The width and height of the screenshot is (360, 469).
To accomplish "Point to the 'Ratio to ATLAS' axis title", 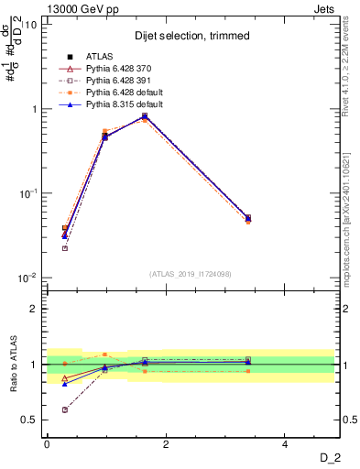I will click(x=12, y=365).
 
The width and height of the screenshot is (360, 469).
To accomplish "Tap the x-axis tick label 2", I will click(x=166, y=444).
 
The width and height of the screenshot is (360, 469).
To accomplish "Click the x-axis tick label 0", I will click(x=47, y=444).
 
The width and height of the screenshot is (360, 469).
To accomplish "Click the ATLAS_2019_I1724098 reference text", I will click(x=190, y=274).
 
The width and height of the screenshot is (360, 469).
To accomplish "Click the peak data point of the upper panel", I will click(x=145, y=116).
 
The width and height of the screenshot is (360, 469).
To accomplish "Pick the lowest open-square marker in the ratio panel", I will click(x=64, y=409).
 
